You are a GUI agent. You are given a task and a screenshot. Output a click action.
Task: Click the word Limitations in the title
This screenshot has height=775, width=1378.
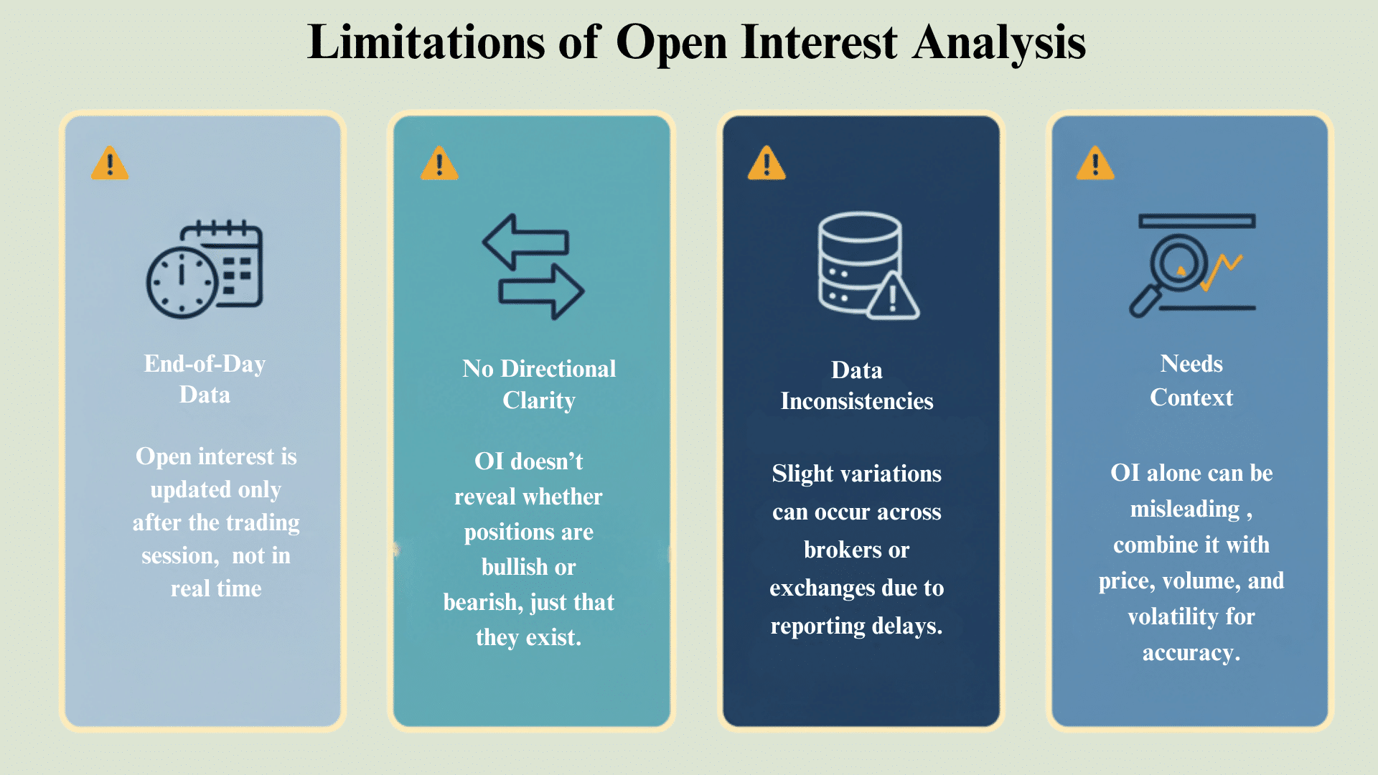tap(426, 42)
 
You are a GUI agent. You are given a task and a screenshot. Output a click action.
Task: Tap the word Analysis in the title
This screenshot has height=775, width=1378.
tap(999, 42)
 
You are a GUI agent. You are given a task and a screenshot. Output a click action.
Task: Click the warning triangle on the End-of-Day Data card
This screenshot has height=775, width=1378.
tap(110, 164)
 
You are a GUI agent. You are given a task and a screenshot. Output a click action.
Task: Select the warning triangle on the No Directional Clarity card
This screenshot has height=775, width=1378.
tap(439, 164)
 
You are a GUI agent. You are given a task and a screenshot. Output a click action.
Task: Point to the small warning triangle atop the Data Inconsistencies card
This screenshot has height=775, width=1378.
tap(767, 164)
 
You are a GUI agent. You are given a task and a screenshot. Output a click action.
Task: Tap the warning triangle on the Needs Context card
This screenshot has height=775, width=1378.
tap(1095, 164)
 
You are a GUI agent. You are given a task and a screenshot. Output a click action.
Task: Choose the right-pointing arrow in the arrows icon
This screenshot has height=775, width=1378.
tap(542, 291)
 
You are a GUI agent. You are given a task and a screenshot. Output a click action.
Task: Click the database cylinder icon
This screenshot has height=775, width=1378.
tap(859, 261)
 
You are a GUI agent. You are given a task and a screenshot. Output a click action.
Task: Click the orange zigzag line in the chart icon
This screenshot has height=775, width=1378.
tap(1222, 271)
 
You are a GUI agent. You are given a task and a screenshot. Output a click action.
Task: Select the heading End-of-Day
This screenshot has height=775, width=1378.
tap(205, 364)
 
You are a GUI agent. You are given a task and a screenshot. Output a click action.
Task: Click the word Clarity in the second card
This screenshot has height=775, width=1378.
tap(539, 400)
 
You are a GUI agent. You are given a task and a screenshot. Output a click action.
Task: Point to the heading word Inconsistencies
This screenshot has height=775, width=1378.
tap(857, 401)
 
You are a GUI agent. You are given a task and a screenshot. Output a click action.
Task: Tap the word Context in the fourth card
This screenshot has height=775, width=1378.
tap(1191, 398)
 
